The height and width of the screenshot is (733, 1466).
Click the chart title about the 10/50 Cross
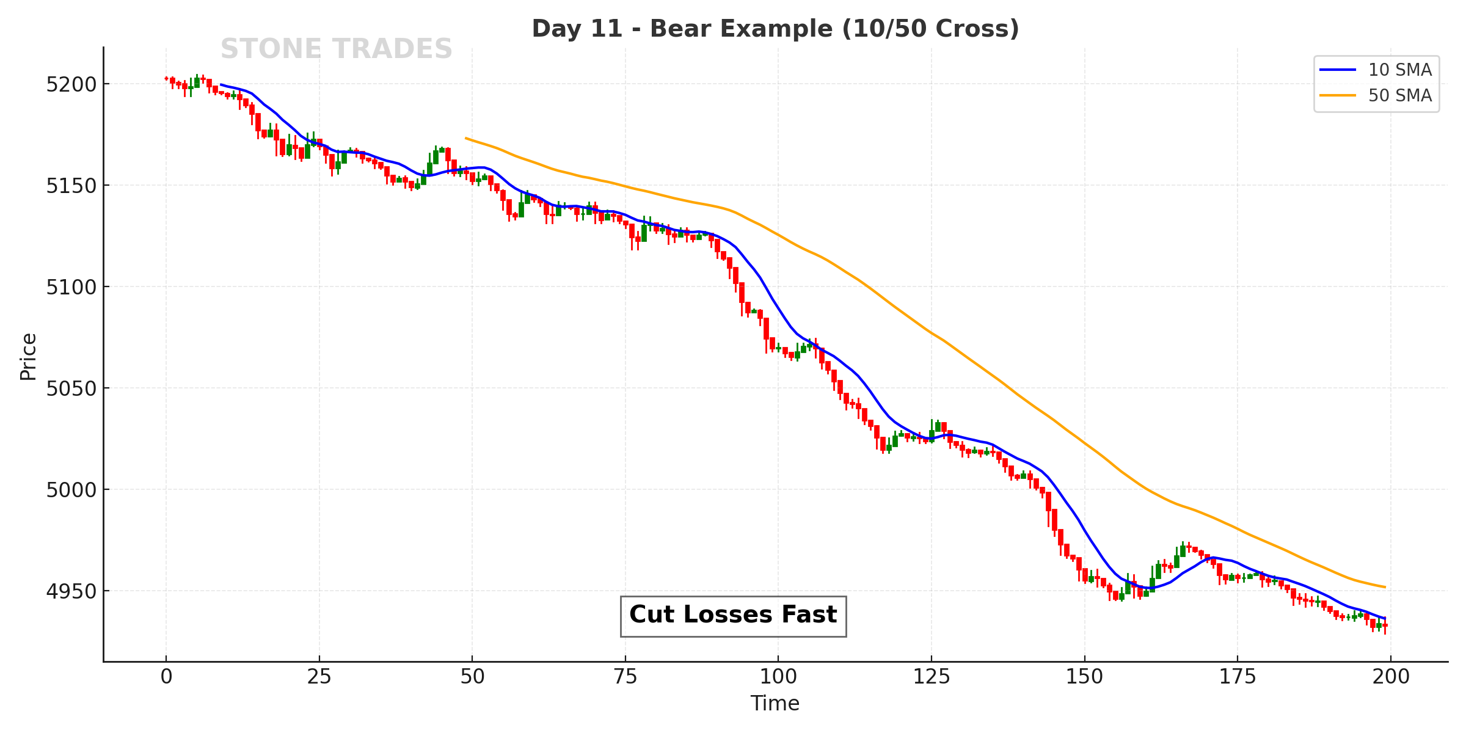point(775,29)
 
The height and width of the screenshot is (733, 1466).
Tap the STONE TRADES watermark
point(336,49)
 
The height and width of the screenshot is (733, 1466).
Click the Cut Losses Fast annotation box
point(733,616)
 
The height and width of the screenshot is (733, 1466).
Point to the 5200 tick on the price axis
point(71,85)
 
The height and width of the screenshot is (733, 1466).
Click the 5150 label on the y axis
point(71,186)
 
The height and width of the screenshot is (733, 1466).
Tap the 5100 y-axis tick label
point(71,288)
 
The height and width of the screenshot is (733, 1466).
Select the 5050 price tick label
point(71,389)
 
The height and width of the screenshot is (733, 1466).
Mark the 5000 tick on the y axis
point(71,490)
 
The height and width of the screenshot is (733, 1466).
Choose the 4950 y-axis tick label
point(71,592)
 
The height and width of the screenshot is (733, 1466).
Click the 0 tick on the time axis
point(166,677)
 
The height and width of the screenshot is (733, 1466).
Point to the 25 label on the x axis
point(319,677)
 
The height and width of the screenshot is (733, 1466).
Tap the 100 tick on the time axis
point(778,677)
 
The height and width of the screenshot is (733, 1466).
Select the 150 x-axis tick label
point(1085,677)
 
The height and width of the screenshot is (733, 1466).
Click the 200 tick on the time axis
point(1391,677)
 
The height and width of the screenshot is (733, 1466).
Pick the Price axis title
point(28,357)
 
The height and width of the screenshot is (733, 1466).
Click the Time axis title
point(775,704)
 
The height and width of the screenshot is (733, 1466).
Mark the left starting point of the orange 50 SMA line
point(466,138)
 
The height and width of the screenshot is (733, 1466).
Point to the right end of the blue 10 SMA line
point(1385,618)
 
